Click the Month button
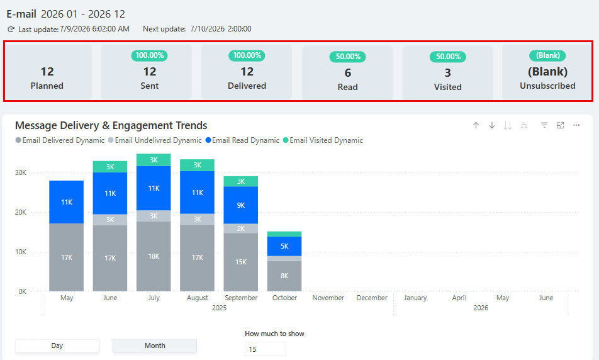tap(155, 346)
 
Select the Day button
tap(57, 346)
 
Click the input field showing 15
tap(265, 349)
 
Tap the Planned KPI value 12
tap(47, 72)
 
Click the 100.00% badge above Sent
tap(150, 55)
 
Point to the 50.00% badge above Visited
tap(448, 57)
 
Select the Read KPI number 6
tap(347, 72)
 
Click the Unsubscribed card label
tap(547, 86)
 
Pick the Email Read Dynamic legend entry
tap(242, 140)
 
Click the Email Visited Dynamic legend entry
tap(323, 140)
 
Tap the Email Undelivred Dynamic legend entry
tap(155, 140)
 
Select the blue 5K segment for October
tap(284, 246)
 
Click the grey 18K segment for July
tap(154, 256)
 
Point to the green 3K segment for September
tap(240, 181)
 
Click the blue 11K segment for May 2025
tap(67, 202)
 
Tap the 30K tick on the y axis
tap(21, 172)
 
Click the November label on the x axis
tap(328, 298)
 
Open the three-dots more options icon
tap(576, 125)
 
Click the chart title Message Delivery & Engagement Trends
tap(111, 125)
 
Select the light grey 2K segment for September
tap(240, 228)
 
